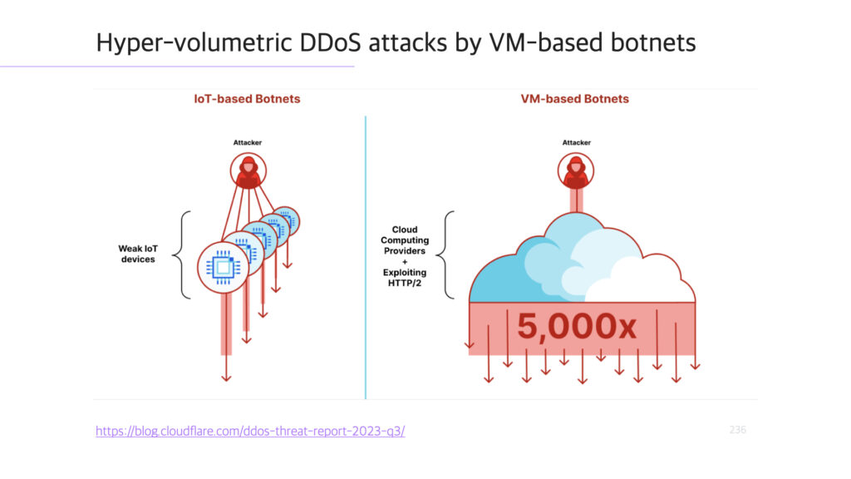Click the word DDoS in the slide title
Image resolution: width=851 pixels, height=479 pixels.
pos(330,42)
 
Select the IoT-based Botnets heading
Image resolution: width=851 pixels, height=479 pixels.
pos(247,99)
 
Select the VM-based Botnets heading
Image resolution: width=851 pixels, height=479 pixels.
pos(575,99)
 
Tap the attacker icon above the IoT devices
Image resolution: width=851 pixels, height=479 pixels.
pos(248,171)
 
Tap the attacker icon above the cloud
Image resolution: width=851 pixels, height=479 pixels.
pos(576,171)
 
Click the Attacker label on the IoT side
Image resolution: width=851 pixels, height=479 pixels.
pos(248,142)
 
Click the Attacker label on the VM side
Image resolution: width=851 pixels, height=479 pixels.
pos(577,142)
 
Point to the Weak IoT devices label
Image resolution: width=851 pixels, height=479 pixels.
pos(138,254)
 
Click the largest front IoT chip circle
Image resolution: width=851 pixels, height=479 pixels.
pos(223,268)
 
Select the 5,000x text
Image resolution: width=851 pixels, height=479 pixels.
pos(577,326)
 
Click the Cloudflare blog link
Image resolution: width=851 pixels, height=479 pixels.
pos(250,431)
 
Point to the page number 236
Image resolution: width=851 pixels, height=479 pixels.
pos(738,430)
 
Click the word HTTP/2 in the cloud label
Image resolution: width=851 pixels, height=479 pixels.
pos(405,283)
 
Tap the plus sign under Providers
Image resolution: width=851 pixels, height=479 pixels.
pos(405,262)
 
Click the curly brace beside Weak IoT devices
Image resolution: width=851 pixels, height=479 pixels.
pos(182,254)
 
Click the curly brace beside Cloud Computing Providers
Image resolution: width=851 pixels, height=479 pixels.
pos(445,254)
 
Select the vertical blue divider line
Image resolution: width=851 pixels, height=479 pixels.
pos(366,258)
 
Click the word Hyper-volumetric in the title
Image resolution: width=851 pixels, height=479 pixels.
pos(194,42)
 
